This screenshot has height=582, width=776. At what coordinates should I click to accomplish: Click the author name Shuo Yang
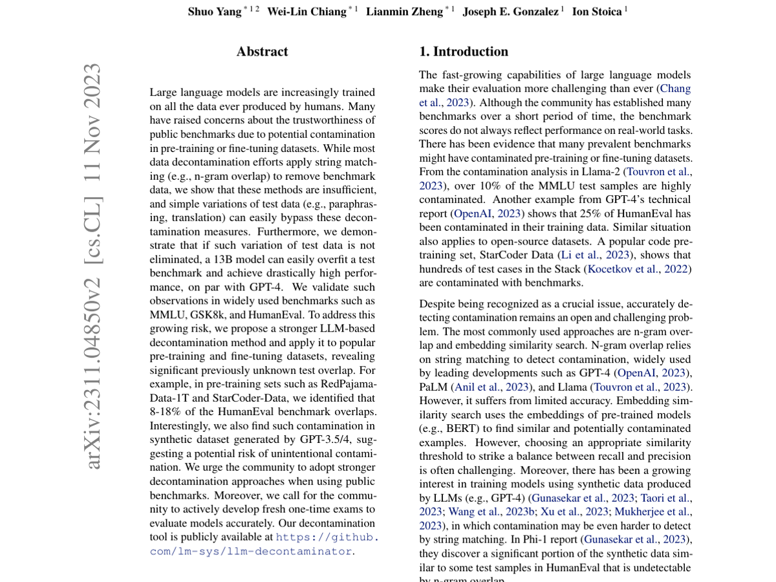(214, 12)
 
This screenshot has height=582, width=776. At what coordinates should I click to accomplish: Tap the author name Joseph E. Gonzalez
(510, 12)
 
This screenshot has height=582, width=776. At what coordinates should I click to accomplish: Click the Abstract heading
(262, 52)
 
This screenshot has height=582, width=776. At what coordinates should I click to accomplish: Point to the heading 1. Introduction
(464, 52)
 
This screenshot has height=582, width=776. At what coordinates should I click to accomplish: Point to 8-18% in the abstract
(166, 412)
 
